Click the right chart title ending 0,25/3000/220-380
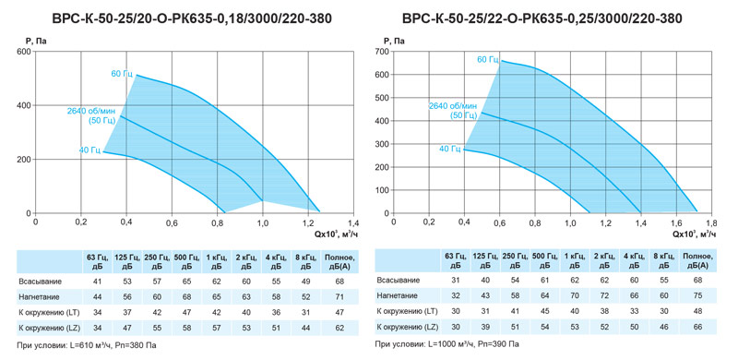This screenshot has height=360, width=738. [542, 18]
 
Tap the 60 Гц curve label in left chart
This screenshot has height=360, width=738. [122, 73]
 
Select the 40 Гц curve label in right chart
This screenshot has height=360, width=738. [449, 149]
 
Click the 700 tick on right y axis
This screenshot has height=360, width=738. [381, 52]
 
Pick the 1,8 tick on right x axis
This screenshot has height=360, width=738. [711, 222]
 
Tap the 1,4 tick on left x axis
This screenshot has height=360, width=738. [353, 222]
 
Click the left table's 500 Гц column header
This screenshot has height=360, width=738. [186, 261]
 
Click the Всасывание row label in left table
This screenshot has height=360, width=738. [40, 282]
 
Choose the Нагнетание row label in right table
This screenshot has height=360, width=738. [399, 294]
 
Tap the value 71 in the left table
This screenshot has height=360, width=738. [339, 297]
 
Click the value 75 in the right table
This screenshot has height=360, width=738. [698, 294]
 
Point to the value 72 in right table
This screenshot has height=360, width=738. [604, 294]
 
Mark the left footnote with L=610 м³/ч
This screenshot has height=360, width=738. [86, 345]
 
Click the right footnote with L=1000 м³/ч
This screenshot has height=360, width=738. [447, 344]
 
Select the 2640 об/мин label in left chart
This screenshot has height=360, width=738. [90, 111]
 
